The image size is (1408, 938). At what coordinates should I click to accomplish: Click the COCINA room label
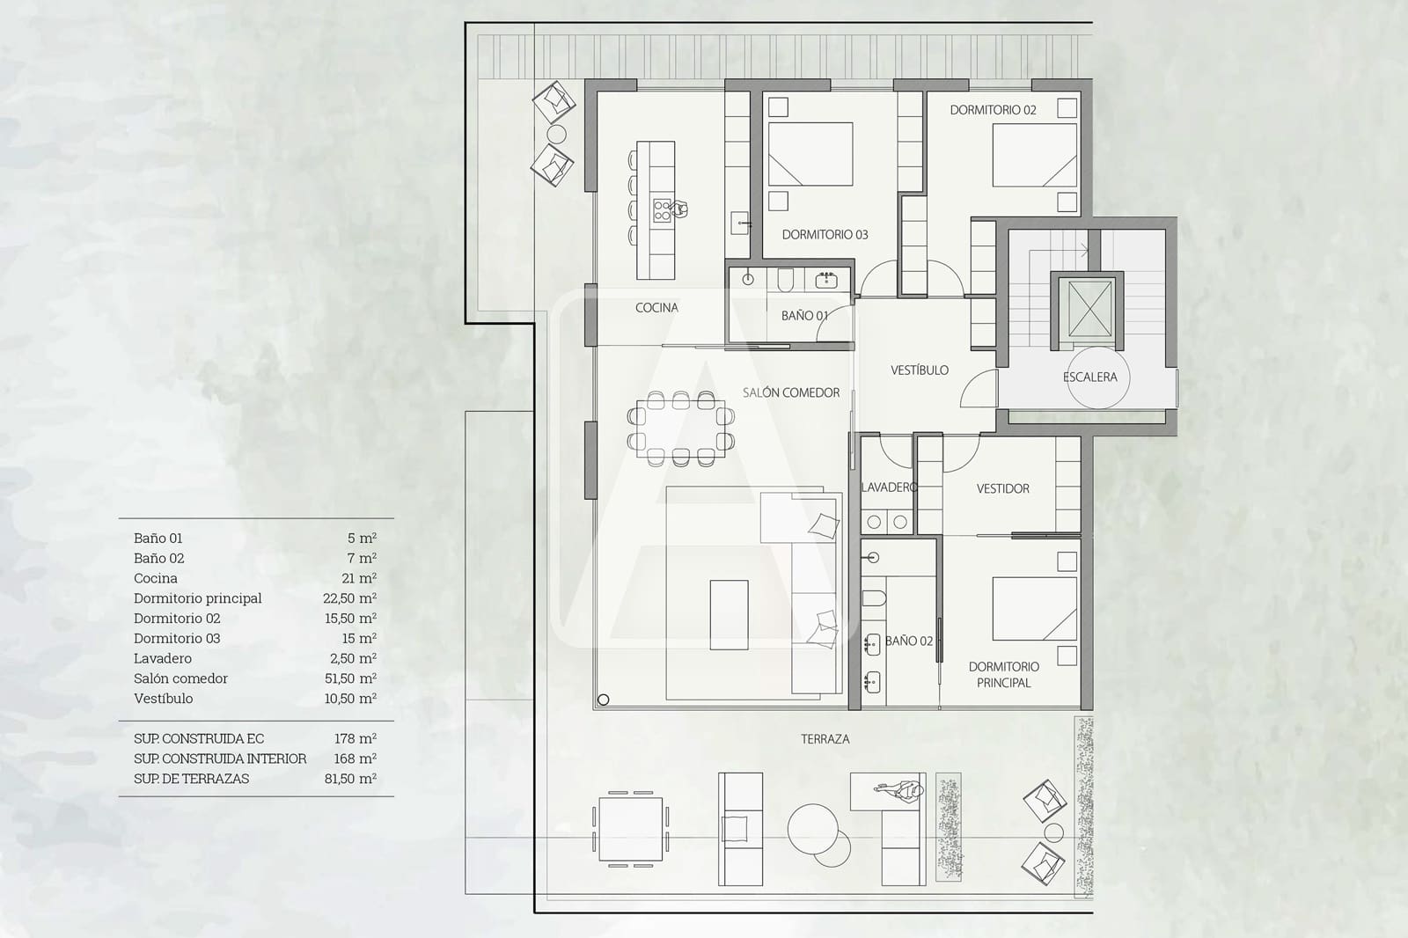(x=656, y=308)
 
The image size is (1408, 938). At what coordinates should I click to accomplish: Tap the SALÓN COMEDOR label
(x=790, y=393)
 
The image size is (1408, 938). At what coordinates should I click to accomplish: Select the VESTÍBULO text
(x=919, y=370)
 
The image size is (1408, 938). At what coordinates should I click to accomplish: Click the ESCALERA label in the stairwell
(x=1089, y=377)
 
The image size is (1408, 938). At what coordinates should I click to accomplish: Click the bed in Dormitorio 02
(x=1034, y=155)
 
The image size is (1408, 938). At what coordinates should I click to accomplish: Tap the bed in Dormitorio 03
(x=810, y=154)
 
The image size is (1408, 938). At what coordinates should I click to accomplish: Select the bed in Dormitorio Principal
(x=1034, y=608)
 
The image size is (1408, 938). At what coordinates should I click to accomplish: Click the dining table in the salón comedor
(x=680, y=428)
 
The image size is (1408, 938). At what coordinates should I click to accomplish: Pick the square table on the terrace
(x=630, y=829)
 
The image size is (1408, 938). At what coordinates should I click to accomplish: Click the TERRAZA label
(x=825, y=739)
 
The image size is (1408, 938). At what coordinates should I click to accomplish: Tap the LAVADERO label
(x=888, y=487)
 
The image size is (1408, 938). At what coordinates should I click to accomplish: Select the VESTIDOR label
(x=1002, y=488)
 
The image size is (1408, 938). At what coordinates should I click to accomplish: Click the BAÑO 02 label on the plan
(x=908, y=641)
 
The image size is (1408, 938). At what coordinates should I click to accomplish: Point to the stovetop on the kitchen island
(x=663, y=209)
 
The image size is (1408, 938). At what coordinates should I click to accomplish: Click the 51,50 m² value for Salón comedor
(x=350, y=678)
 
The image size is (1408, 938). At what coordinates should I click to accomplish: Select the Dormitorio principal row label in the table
(x=197, y=598)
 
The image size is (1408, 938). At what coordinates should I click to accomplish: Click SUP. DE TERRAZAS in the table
(x=191, y=779)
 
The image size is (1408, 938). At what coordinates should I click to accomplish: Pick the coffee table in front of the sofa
(x=729, y=614)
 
